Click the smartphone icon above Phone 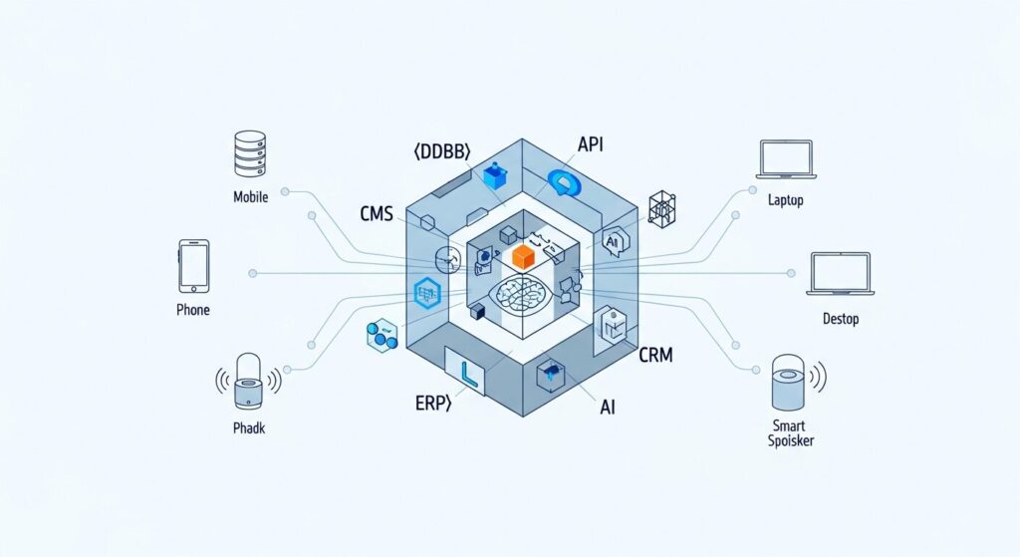click(x=193, y=266)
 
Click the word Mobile click(x=251, y=196)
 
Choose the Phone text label click(x=193, y=310)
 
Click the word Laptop click(x=786, y=200)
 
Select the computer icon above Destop click(x=840, y=274)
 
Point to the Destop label click(x=841, y=319)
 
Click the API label click(x=591, y=144)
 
